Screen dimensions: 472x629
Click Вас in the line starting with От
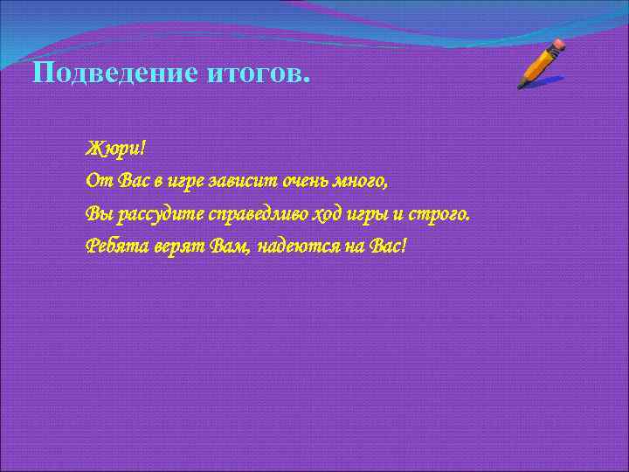click(x=125, y=181)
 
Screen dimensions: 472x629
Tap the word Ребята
click(x=115, y=246)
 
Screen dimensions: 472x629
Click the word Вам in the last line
click(x=232, y=246)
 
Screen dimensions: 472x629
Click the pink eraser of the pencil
click(x=557, y=44)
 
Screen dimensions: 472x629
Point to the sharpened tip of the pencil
click(x=521, y=87)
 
